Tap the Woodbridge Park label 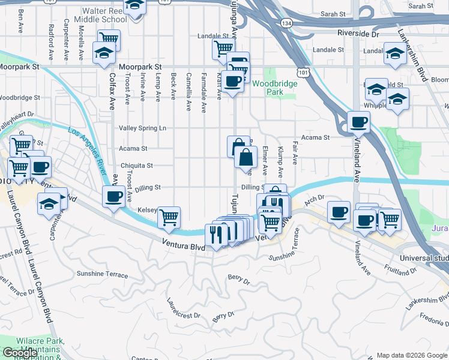pyautogui.click(x=275, y=88)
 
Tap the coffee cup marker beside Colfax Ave pyautogui.click(x=113, y=196)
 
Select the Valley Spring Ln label pyautogui.click(x=142, y=128)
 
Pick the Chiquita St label pyautogui.click(x=137, y=166)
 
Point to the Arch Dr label pyautogui.click(x=315, y=199)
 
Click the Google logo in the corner pyautogui.click(x=20, y=353)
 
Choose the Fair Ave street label pyautogui.click(x=295, y=154)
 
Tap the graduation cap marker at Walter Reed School pyautogui.click(x=136, y=5)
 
